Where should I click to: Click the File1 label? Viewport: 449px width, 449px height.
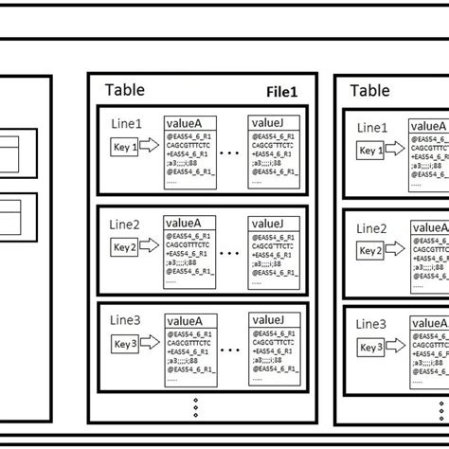280,93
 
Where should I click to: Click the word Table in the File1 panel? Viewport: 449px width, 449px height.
125,90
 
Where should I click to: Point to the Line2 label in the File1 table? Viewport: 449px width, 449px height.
124,225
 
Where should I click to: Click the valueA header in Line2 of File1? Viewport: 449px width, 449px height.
189,223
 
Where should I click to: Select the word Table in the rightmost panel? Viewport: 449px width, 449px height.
370,90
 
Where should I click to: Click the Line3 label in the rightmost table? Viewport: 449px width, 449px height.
371,324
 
